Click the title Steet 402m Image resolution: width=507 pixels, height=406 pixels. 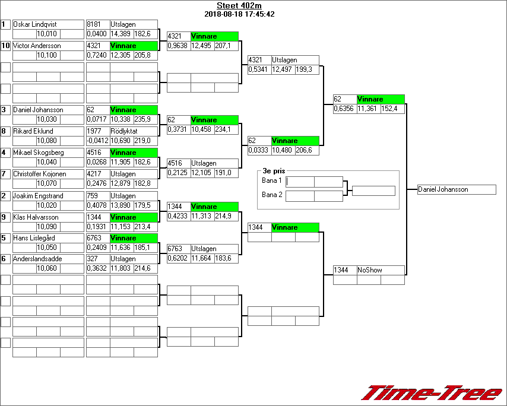click(239, 6)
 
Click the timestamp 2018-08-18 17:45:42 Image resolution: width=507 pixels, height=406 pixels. click(239, 14)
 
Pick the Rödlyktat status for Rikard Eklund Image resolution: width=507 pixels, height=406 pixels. click(123, 131)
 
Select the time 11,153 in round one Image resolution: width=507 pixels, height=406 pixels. click(121, 227)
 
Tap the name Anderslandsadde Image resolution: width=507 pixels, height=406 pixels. click(37, 259)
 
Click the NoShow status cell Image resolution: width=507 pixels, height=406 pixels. click(370, 270)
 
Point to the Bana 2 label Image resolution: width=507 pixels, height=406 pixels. click(272, 195)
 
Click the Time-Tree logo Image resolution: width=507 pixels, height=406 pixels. click(432, 393)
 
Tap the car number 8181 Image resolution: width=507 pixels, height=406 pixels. click(94, 24)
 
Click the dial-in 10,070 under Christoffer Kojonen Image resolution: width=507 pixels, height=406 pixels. click(47, 184)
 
